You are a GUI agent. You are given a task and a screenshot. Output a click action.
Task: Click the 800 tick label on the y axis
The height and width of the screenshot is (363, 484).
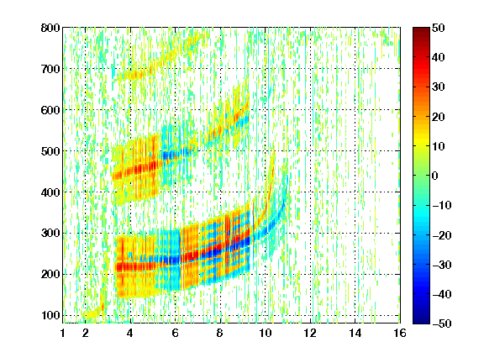tap(50, 28)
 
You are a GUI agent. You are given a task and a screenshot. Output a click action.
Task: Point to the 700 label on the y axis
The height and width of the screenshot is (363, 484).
tap(50, 69)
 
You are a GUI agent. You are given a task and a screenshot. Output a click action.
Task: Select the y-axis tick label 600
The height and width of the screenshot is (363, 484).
tap(50, 110)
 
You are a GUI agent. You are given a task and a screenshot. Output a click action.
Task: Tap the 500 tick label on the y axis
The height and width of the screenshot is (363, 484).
tap(50, 151)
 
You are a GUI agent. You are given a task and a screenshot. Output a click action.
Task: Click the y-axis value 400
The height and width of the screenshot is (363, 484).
tap(50, 192)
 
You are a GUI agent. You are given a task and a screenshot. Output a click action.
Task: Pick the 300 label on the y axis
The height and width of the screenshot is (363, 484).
tap(50, 234)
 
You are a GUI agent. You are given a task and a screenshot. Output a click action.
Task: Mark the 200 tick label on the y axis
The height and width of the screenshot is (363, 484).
tap(50, 275)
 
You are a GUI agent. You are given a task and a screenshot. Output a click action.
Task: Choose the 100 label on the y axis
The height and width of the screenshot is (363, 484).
tap(50, 315)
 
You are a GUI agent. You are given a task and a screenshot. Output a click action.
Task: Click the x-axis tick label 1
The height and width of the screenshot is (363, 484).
tap(63, 333)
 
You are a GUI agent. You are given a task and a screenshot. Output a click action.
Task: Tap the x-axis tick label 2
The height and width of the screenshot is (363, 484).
tap(86, 333)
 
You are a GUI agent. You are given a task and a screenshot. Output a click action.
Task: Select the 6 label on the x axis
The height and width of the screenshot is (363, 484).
tap(176, 333)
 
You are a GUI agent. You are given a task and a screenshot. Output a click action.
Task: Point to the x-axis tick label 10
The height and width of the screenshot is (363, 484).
tap(266, 333)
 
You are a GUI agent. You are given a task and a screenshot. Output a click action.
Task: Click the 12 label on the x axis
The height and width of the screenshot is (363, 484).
tap(310, 333)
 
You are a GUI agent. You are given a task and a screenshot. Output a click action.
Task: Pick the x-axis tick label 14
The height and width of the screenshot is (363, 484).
tap(355, 333)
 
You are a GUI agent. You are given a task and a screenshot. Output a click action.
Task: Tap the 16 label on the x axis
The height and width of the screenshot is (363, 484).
tap(400, 333)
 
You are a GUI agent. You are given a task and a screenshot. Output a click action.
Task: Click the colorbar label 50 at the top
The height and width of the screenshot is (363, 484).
tap(438, 28)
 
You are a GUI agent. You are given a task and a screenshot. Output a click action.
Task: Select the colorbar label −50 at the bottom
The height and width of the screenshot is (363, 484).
tap(442, 324)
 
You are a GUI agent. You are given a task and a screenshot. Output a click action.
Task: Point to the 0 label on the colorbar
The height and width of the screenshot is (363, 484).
tap(435, 176)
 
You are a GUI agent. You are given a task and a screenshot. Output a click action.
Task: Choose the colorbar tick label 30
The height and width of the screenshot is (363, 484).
tap(438, 87)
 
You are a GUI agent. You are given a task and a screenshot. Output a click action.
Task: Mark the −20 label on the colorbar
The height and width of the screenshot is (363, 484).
tap(442, 235)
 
